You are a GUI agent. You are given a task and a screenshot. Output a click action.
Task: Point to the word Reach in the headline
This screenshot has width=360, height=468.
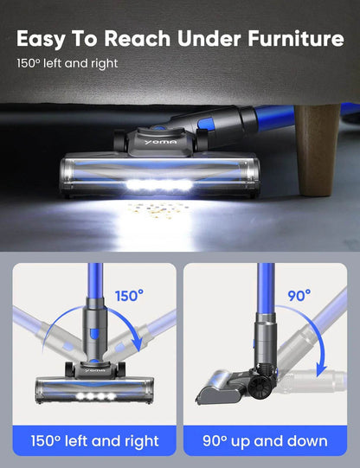click(137, 38)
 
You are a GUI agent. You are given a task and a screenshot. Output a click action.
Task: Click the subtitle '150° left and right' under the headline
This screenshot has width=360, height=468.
click(67, 63)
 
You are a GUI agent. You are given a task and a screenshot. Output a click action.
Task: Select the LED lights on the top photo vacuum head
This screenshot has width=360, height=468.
click(161, 185)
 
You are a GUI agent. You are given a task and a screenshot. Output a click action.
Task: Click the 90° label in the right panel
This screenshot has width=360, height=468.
click(299, 295)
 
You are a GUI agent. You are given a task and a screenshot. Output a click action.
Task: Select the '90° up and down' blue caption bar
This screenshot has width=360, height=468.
click(267, 441)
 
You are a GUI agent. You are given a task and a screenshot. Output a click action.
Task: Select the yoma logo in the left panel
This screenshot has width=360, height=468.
click(91, 366)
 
